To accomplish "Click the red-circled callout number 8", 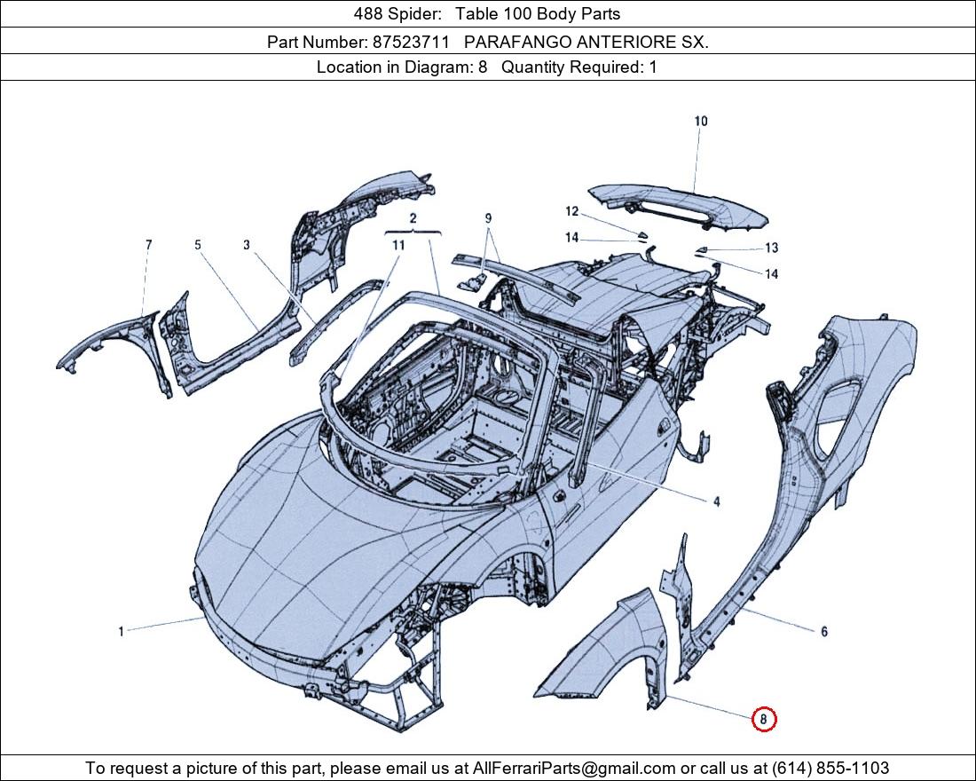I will (763, 720).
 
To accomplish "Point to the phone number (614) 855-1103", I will (830, 768).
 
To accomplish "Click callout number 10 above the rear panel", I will (701, 122).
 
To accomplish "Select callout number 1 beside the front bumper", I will (122, 632).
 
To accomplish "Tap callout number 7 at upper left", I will (148, 244).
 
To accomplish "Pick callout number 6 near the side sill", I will (823, 632).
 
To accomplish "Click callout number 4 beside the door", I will (716, 502).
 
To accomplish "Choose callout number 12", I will (572, 211).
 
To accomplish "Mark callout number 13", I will (771, 248).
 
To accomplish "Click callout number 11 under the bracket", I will (398, 244).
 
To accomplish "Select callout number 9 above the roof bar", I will (488, 218).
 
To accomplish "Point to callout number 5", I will (198, 244).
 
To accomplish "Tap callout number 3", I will (247, 244).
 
